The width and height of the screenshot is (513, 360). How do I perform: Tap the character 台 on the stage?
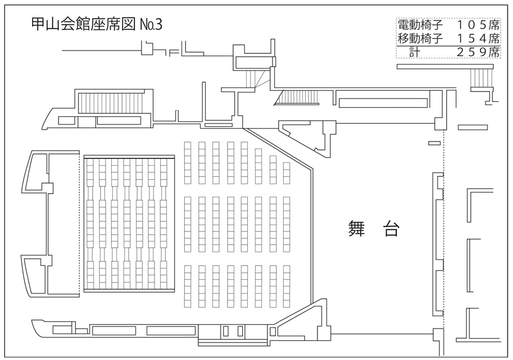(391, 229)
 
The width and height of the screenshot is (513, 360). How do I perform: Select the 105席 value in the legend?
(478, 25)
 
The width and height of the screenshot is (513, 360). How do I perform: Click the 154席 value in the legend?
(478, 39)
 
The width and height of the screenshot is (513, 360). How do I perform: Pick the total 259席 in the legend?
(478, 52)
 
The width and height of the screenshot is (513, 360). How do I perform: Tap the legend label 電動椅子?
(420, 25)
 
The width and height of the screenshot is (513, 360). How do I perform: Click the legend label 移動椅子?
(420, 39)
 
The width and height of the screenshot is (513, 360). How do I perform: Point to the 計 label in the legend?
(415, 52)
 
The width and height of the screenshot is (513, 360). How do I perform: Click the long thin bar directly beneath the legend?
(445, 66)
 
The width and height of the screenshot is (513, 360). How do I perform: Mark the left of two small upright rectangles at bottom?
(225, 331)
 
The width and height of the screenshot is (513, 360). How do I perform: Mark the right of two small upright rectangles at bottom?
(240, 331)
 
